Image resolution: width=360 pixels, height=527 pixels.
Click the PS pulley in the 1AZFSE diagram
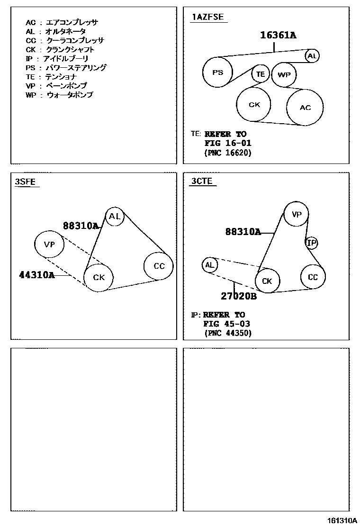click(217, 73)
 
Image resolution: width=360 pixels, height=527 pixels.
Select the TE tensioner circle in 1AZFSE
click(260, 74)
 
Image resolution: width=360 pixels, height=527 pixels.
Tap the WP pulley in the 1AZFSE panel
click(284, 74)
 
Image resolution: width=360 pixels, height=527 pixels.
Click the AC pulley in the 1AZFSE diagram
click(305, 108)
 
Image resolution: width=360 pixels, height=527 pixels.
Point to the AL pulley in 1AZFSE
click(311, 56)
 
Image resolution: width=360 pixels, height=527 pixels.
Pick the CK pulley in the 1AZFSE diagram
click(254, 105)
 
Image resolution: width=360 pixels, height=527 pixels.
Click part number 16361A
click(278, 35)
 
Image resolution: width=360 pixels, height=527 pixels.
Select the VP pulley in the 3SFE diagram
click(49, 245)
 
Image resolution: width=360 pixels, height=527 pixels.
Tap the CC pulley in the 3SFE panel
click(159, 266)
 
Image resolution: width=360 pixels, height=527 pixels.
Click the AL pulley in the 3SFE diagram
click(115, 217)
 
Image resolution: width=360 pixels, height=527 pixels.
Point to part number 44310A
click(36, 274)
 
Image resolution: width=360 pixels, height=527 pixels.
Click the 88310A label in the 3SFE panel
click(81, 226)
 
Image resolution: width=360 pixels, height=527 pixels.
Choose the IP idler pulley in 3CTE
click(311, 243)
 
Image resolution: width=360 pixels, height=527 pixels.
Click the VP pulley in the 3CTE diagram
click(296, 214)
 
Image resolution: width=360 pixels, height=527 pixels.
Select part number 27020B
click(238, 297)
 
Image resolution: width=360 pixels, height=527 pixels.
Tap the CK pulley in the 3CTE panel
click(267, 281)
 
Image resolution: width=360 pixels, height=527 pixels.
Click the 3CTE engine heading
click(202, 181)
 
